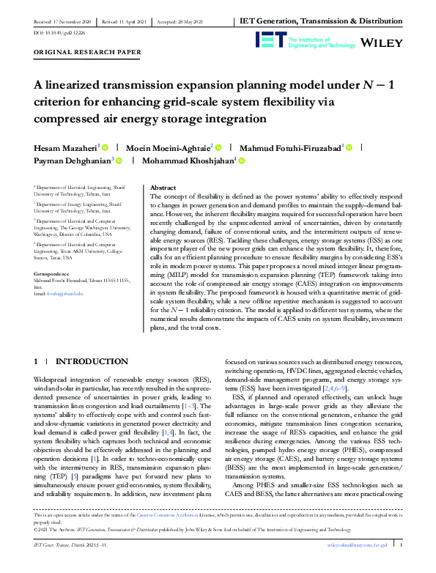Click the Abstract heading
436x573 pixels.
[x=163, y=188]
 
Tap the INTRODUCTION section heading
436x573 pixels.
[x=92, y=361]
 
